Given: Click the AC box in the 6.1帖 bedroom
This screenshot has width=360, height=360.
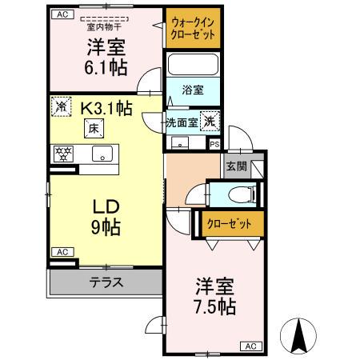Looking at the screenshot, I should click(x=63, y=14).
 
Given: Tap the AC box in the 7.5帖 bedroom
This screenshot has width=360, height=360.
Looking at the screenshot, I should click(x=250, y=346).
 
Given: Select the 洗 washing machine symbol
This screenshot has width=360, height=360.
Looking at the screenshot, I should click(x=208, y=122).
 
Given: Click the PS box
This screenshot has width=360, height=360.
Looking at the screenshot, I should click(x=214, y=144).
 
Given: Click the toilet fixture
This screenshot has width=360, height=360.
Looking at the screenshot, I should click(x=237, y=193).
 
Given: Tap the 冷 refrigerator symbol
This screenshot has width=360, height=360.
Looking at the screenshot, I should click(x=61, y=106).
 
